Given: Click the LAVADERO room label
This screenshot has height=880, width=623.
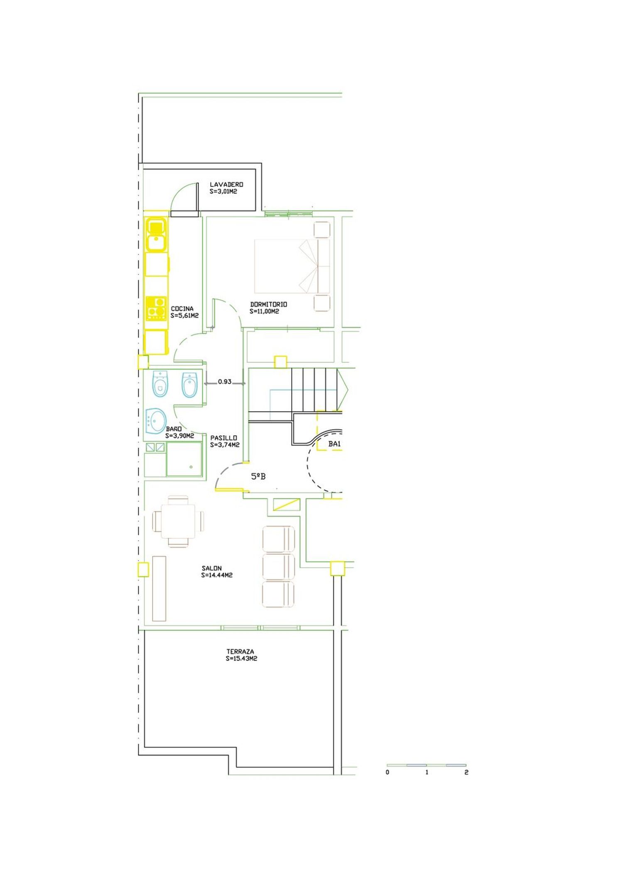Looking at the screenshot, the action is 226,184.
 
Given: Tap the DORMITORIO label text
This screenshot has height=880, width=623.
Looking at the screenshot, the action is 268,304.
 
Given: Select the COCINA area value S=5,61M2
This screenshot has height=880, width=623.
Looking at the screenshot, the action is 184,315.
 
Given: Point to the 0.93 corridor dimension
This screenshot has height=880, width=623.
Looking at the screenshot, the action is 225,381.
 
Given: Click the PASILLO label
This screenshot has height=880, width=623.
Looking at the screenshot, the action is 224,438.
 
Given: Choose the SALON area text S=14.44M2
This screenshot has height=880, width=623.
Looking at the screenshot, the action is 217,575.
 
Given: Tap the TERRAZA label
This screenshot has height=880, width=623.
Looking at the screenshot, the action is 240,651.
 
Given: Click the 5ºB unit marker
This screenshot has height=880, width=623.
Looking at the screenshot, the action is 258,477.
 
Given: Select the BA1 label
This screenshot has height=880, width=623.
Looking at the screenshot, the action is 335,444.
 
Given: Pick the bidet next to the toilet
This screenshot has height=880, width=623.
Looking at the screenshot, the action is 189,385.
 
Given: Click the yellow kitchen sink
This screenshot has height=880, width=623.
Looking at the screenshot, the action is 156,235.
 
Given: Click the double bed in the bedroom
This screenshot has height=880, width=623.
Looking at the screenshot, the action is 292,266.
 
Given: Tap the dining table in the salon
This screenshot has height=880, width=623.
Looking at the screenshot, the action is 178,521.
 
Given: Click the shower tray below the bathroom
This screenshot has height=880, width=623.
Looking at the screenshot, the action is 184,459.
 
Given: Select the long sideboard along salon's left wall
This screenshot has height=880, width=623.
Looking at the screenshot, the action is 159,588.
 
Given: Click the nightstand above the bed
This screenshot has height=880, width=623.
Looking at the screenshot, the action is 322,229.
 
